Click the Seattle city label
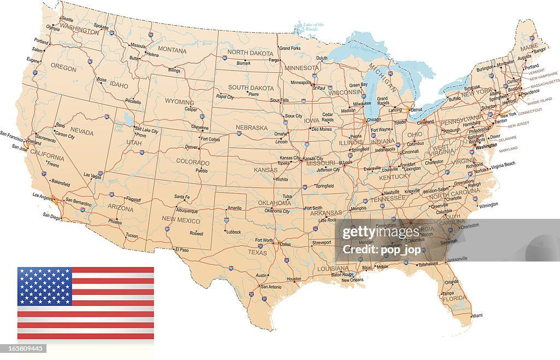pos(67,20)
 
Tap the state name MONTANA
pos(172,50)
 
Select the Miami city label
pos(477,316)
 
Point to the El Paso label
pos(182,250)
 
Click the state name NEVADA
pos(81,132)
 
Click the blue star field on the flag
pos(44,286)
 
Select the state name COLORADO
pos(193,161)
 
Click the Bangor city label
pos(540,50)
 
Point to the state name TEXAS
pos(257,253)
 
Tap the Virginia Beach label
pos(503,165)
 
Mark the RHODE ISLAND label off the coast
pos(540,101)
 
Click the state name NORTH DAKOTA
pos(250,53)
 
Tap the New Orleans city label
pos(352,280)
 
